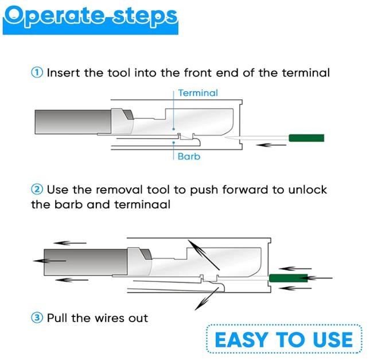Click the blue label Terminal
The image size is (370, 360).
198,93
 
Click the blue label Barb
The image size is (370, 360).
189,156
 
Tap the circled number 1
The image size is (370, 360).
37,72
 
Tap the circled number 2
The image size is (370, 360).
37,189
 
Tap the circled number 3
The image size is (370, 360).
37,318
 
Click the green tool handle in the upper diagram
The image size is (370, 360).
306,138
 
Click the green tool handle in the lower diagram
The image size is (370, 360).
289,278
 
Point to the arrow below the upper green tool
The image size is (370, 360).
271,145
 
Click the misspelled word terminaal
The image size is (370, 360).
142,204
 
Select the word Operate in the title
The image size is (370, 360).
54,16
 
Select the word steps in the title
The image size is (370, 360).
145,17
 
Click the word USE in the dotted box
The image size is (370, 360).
333,340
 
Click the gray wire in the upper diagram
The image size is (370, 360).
73,122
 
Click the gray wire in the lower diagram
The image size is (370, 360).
85,262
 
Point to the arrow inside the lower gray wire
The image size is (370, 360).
49,261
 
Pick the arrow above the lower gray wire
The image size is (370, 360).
70,243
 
